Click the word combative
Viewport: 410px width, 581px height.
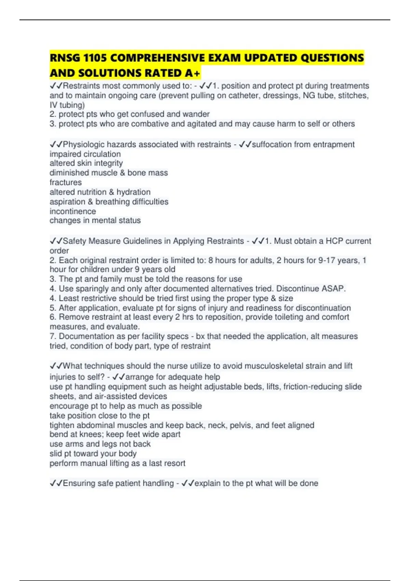click(150, 124)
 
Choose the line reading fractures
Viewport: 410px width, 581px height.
click(66, 183)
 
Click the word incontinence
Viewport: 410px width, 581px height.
click(73, 211)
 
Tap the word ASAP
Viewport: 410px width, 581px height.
click(333, 289)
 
